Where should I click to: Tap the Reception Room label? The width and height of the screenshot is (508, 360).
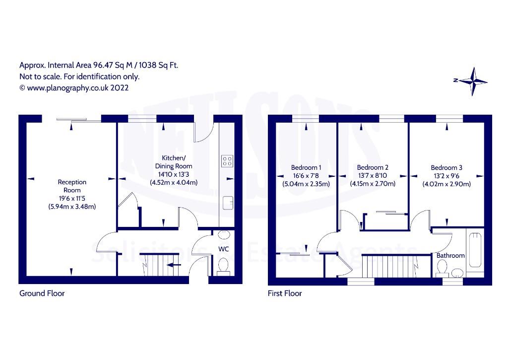tap(72, 186)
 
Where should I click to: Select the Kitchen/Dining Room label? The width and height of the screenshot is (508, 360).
tap(174, 162)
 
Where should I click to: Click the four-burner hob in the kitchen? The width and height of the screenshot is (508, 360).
tap(227, 161)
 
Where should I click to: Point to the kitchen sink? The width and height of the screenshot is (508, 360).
tap(228, 203)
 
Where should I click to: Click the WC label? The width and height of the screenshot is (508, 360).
tap(224, 249)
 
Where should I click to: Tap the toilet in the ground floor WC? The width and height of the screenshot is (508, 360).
tap(223, 268)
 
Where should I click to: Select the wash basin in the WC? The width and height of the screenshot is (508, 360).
tap(224, 234)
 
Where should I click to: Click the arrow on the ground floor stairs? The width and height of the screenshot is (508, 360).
tap(174, 265)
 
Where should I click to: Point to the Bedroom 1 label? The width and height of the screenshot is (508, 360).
tap(306, 168)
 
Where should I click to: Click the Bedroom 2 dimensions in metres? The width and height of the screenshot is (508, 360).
tap(373, 184)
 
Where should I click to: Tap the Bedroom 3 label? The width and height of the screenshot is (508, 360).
tap(446, 168)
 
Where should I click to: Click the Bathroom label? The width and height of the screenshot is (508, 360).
tap(450, 256)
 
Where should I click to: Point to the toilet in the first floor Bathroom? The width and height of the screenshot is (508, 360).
tap(442, 270)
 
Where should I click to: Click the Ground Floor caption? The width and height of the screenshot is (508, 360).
tap(42, 293)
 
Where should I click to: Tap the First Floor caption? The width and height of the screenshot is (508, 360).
tap(285, 293)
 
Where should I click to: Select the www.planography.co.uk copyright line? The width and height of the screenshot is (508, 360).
tap(74, 88)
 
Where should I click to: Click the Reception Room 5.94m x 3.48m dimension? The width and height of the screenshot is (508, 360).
tap(72, 207)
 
